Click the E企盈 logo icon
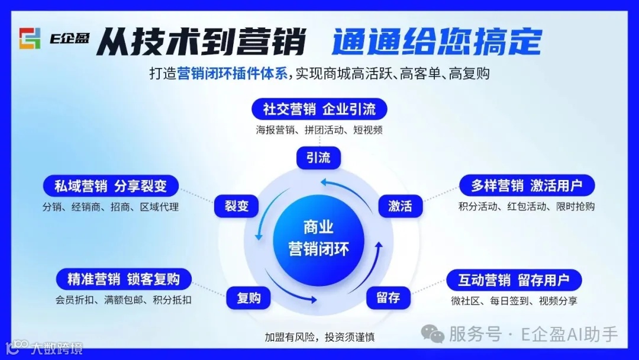30,38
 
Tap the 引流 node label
318,158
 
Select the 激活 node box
400,206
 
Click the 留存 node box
388,298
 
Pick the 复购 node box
248,298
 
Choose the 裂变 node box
236,206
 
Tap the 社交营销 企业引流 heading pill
319,109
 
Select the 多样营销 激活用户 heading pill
527,185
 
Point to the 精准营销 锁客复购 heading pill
124,278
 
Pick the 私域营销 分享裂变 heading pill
111,187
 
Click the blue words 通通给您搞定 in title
437,42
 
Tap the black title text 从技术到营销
201,42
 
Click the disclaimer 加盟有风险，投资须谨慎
319,337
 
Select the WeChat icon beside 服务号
436,335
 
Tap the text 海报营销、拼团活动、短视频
319,130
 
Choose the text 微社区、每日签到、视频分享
514,301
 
